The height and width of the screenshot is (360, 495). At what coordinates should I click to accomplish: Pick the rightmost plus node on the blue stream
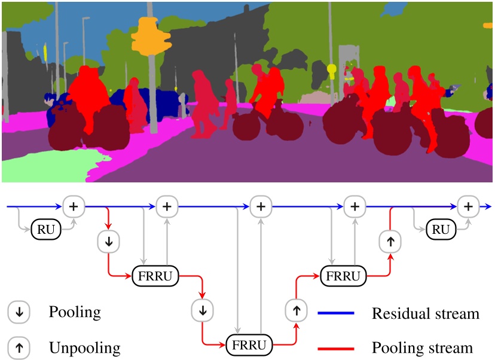pos(468,207)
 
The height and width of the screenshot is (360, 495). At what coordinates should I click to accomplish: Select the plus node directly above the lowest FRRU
pos(261,207)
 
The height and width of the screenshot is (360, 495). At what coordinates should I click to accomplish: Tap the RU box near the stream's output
pos(441,230)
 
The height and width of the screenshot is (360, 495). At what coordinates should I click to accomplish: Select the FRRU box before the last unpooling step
pos(344,276)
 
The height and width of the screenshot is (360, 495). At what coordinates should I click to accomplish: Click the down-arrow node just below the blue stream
pos(108,241)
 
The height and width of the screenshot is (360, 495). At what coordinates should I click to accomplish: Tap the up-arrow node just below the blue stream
pos(390,242)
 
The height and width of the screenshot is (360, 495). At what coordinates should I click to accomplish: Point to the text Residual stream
pos(425,313)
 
